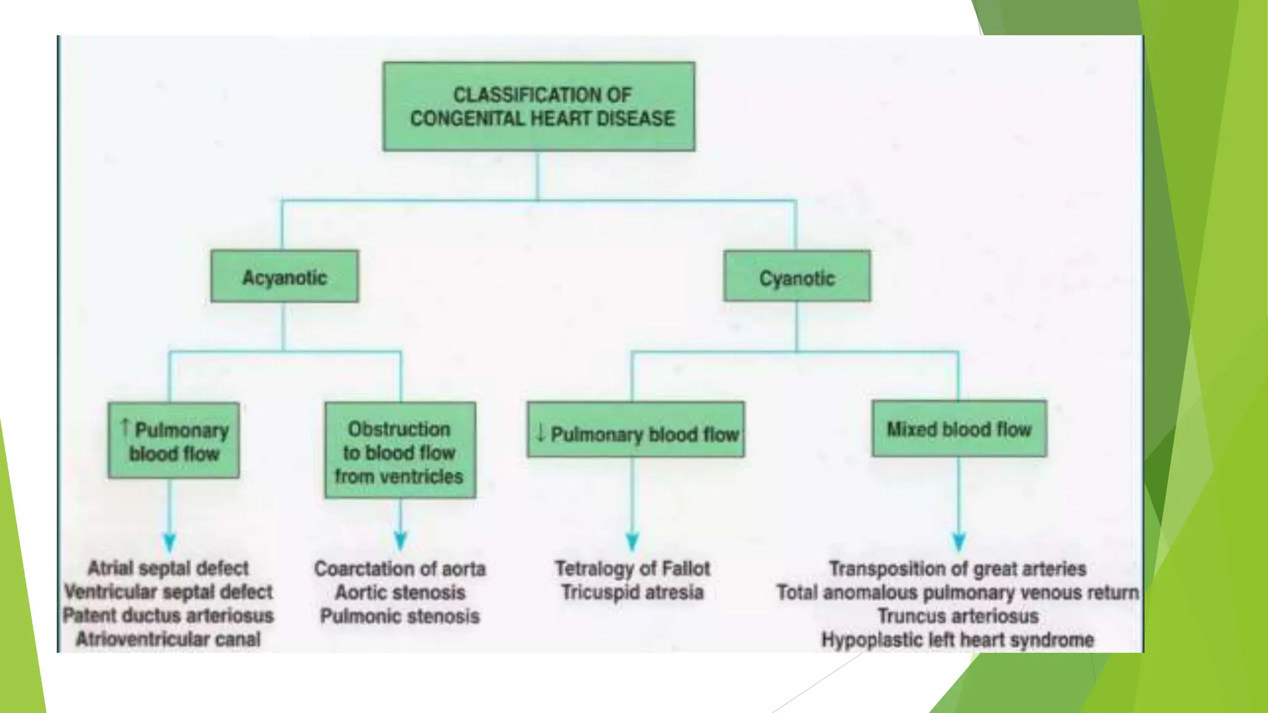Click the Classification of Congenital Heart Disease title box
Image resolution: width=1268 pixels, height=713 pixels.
539,106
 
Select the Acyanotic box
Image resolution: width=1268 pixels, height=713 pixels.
284,277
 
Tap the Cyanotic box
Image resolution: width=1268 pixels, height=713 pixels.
797,277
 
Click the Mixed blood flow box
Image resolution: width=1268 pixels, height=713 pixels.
959,429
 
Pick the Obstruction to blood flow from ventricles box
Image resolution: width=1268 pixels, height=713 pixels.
400,451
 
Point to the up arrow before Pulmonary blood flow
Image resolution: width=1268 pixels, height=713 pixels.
125,426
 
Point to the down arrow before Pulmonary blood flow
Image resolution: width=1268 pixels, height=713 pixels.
541,433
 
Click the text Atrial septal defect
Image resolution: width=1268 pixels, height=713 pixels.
168,568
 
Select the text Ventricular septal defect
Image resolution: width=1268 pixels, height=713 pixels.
168,592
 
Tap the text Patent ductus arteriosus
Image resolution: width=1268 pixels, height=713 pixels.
168,615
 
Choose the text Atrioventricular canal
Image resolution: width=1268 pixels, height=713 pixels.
168,639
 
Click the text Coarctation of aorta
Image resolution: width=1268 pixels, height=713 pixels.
400,569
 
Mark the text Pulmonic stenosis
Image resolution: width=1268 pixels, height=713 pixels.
400,616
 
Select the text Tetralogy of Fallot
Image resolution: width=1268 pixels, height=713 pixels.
632,568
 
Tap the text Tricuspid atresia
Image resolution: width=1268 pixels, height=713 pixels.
632,592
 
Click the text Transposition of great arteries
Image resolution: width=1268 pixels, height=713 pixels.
958,568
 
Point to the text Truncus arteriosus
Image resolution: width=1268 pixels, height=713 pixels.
958,616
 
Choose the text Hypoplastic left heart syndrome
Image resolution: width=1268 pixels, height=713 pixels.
958,639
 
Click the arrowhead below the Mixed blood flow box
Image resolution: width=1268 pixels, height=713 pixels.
958,542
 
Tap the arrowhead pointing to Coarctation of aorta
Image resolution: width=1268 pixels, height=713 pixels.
400,541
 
